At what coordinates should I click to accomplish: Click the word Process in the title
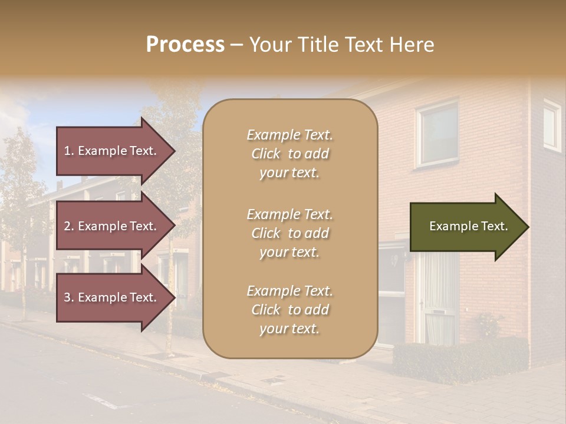point(185,45)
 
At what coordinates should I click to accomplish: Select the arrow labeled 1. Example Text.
point(112,151)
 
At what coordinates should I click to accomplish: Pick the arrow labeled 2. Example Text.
point(112,226)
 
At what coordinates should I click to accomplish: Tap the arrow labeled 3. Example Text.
point(112,297)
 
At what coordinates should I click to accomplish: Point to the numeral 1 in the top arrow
point(67,151)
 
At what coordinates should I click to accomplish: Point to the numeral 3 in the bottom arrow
point(67,297)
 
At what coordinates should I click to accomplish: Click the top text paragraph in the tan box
point(289,154)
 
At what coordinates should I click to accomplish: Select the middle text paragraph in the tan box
point(289,233)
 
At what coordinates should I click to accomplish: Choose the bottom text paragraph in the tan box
point(289,310)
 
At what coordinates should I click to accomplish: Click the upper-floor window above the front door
point(437,134)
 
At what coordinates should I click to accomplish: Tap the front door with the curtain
point(437,297)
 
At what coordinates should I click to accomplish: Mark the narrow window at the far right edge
point(552,125)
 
